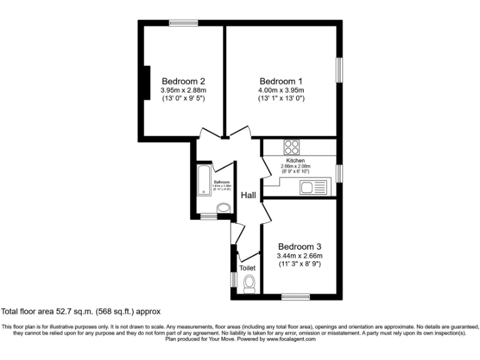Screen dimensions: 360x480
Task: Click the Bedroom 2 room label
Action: (183, 81)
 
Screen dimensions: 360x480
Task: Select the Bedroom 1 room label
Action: (281, 81)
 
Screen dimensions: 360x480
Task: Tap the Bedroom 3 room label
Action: (300, 246)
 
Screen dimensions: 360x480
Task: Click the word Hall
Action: (249, 196)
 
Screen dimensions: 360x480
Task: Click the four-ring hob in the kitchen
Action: (292, 147)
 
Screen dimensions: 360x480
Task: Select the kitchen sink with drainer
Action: (312, 187)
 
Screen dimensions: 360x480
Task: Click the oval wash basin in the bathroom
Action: (222, 209)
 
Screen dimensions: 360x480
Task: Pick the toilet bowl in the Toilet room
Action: (249, 284)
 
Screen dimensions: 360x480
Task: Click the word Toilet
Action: (247, 268)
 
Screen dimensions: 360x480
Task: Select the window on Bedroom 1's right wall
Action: (340, 71)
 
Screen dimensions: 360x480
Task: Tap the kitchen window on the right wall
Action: (340, 173)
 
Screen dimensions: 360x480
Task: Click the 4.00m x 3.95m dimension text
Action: (281, 91)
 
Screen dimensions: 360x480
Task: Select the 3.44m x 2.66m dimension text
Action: (300, 256)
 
